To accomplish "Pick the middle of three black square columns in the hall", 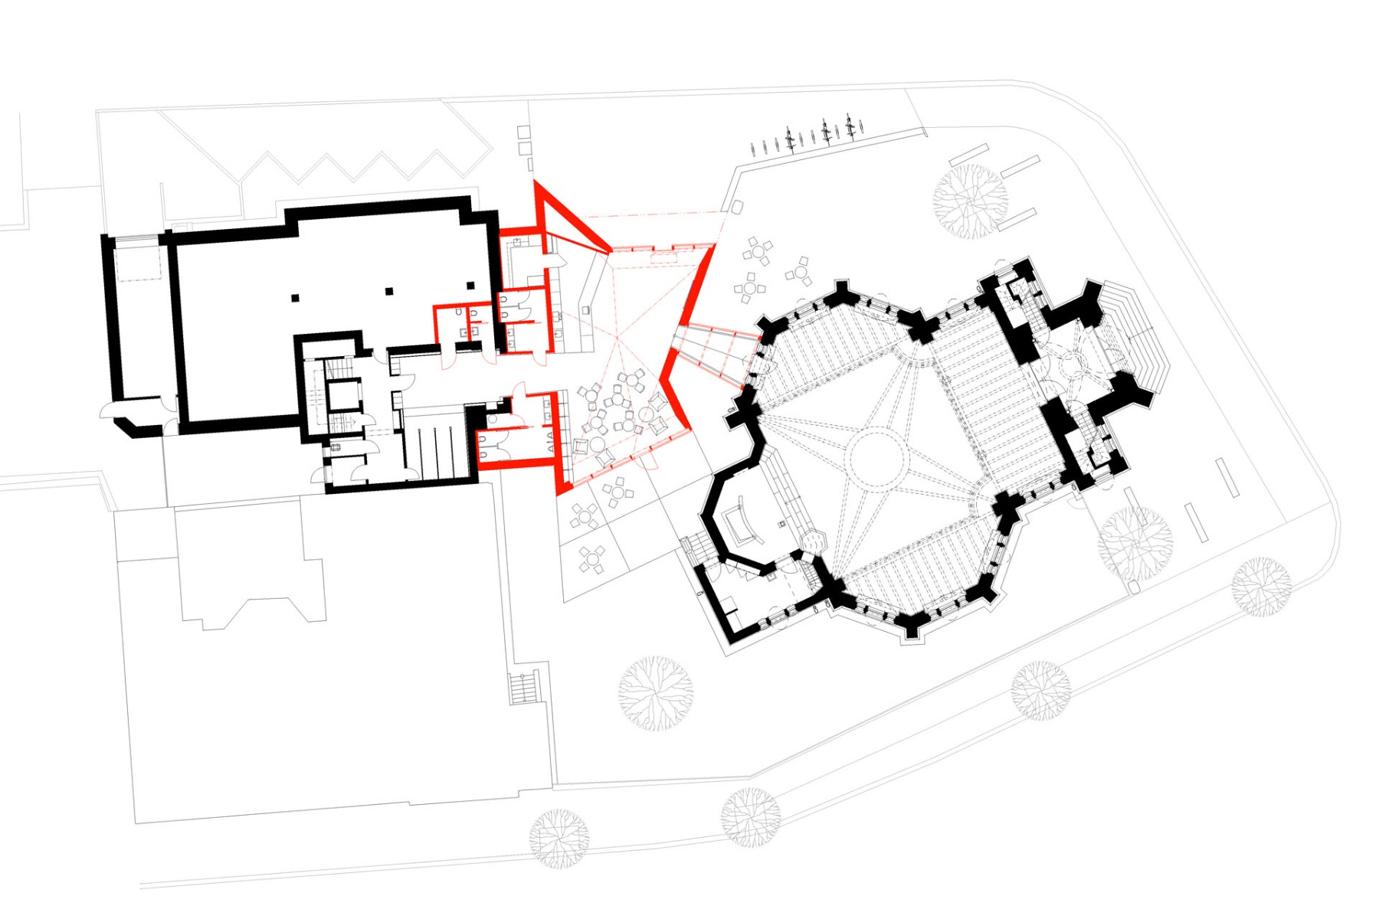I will tap(389, 290).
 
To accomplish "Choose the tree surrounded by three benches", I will tap(970, 201).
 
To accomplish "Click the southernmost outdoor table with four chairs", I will tap(592, 559).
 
